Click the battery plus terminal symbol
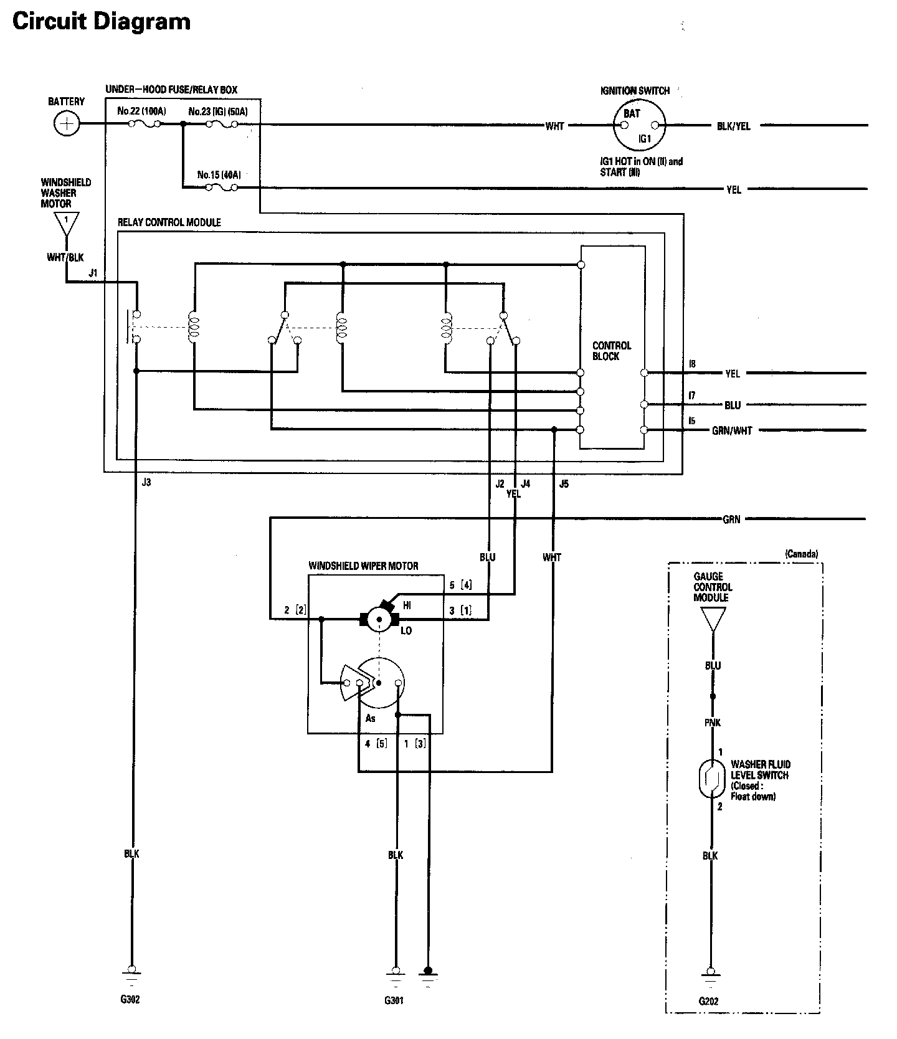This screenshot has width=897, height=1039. click(66, 124)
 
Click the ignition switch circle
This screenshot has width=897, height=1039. click(638, 125)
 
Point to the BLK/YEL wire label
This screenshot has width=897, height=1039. click(734, 126)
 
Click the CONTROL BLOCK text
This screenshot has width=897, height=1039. click(611, 351)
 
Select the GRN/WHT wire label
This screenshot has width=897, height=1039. click(731, 431)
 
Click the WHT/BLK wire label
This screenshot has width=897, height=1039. click(65, 257)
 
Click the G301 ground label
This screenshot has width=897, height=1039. click(394, 1001)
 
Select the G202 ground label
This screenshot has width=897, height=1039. click(708, 1002)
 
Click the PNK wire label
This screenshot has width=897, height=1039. click(713, 723)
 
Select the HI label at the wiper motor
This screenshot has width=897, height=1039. click(407, 605)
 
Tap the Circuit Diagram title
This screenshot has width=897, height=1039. click(102, 22)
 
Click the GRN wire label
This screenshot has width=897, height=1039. click(731, 519)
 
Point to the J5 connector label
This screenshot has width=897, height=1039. click(563, 483)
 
